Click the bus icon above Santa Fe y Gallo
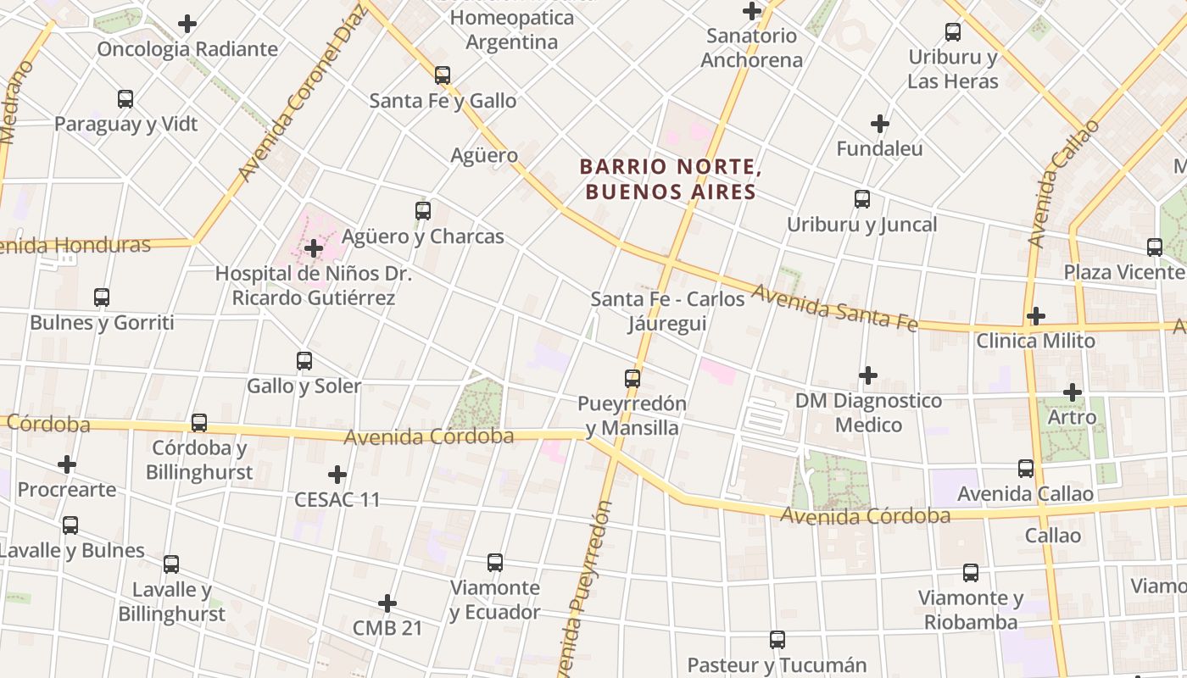tap(442, 75)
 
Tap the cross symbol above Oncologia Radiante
tap(187, 24)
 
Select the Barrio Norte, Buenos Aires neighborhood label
tap(670, 179)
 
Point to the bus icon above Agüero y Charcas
tap(422, 211)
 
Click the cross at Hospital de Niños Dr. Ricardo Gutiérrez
tap(314, 248)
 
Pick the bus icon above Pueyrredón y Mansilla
tap(632, 378)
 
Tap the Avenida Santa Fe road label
tap(834, 308)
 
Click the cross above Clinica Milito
tap(1035, 316)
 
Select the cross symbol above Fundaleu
tap(880, 124)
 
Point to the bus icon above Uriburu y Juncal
tap(861, 199)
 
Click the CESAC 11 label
tap(337, 499)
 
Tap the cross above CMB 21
tap(387, 603)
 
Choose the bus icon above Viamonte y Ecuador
tap(494, 562)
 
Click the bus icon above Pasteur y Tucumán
tap(777, 640)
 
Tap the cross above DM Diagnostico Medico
tap(868, 375)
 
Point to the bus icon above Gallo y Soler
tap(304, 361)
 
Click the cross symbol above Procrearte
tap(67, 464)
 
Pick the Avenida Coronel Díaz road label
tap(300, 93)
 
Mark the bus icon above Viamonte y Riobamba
tap(970, 573)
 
